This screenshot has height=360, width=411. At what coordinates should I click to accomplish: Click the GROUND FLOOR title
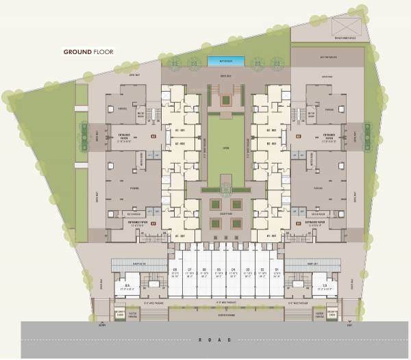[89, 51]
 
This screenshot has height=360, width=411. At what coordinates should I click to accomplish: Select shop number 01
[275, 272]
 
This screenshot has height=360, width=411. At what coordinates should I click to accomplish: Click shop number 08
[175, 272]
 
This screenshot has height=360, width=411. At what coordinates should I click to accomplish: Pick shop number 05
[218, 272]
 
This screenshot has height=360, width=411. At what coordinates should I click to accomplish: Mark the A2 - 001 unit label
[181, 144]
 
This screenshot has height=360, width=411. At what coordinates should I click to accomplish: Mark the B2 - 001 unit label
[270, 144]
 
